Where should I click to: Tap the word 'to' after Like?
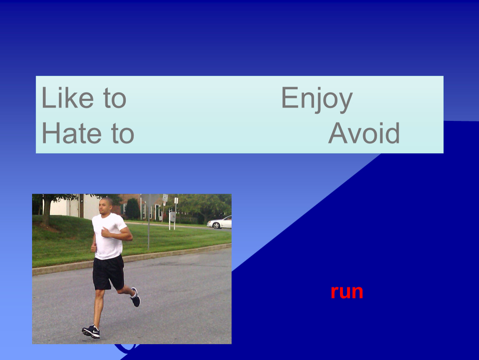[x=115, y=98]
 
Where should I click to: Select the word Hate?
[x=72, y=133]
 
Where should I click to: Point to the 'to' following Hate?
[x=123, y=134]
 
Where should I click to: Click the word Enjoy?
[x=317, y=99]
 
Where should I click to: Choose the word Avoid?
[x=364, y=133]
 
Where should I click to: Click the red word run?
[x=347, y=292]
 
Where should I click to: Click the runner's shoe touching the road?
[x=91, y=332]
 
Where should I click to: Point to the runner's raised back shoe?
[x=135, y=297]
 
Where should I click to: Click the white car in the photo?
[x=219, y=222]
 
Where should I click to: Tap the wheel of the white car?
[x=217, y=226]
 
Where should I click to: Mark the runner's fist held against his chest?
[x=105, y=232]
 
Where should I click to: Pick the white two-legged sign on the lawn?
[x=172, y=220]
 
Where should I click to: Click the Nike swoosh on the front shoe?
[x=95, y=331]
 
